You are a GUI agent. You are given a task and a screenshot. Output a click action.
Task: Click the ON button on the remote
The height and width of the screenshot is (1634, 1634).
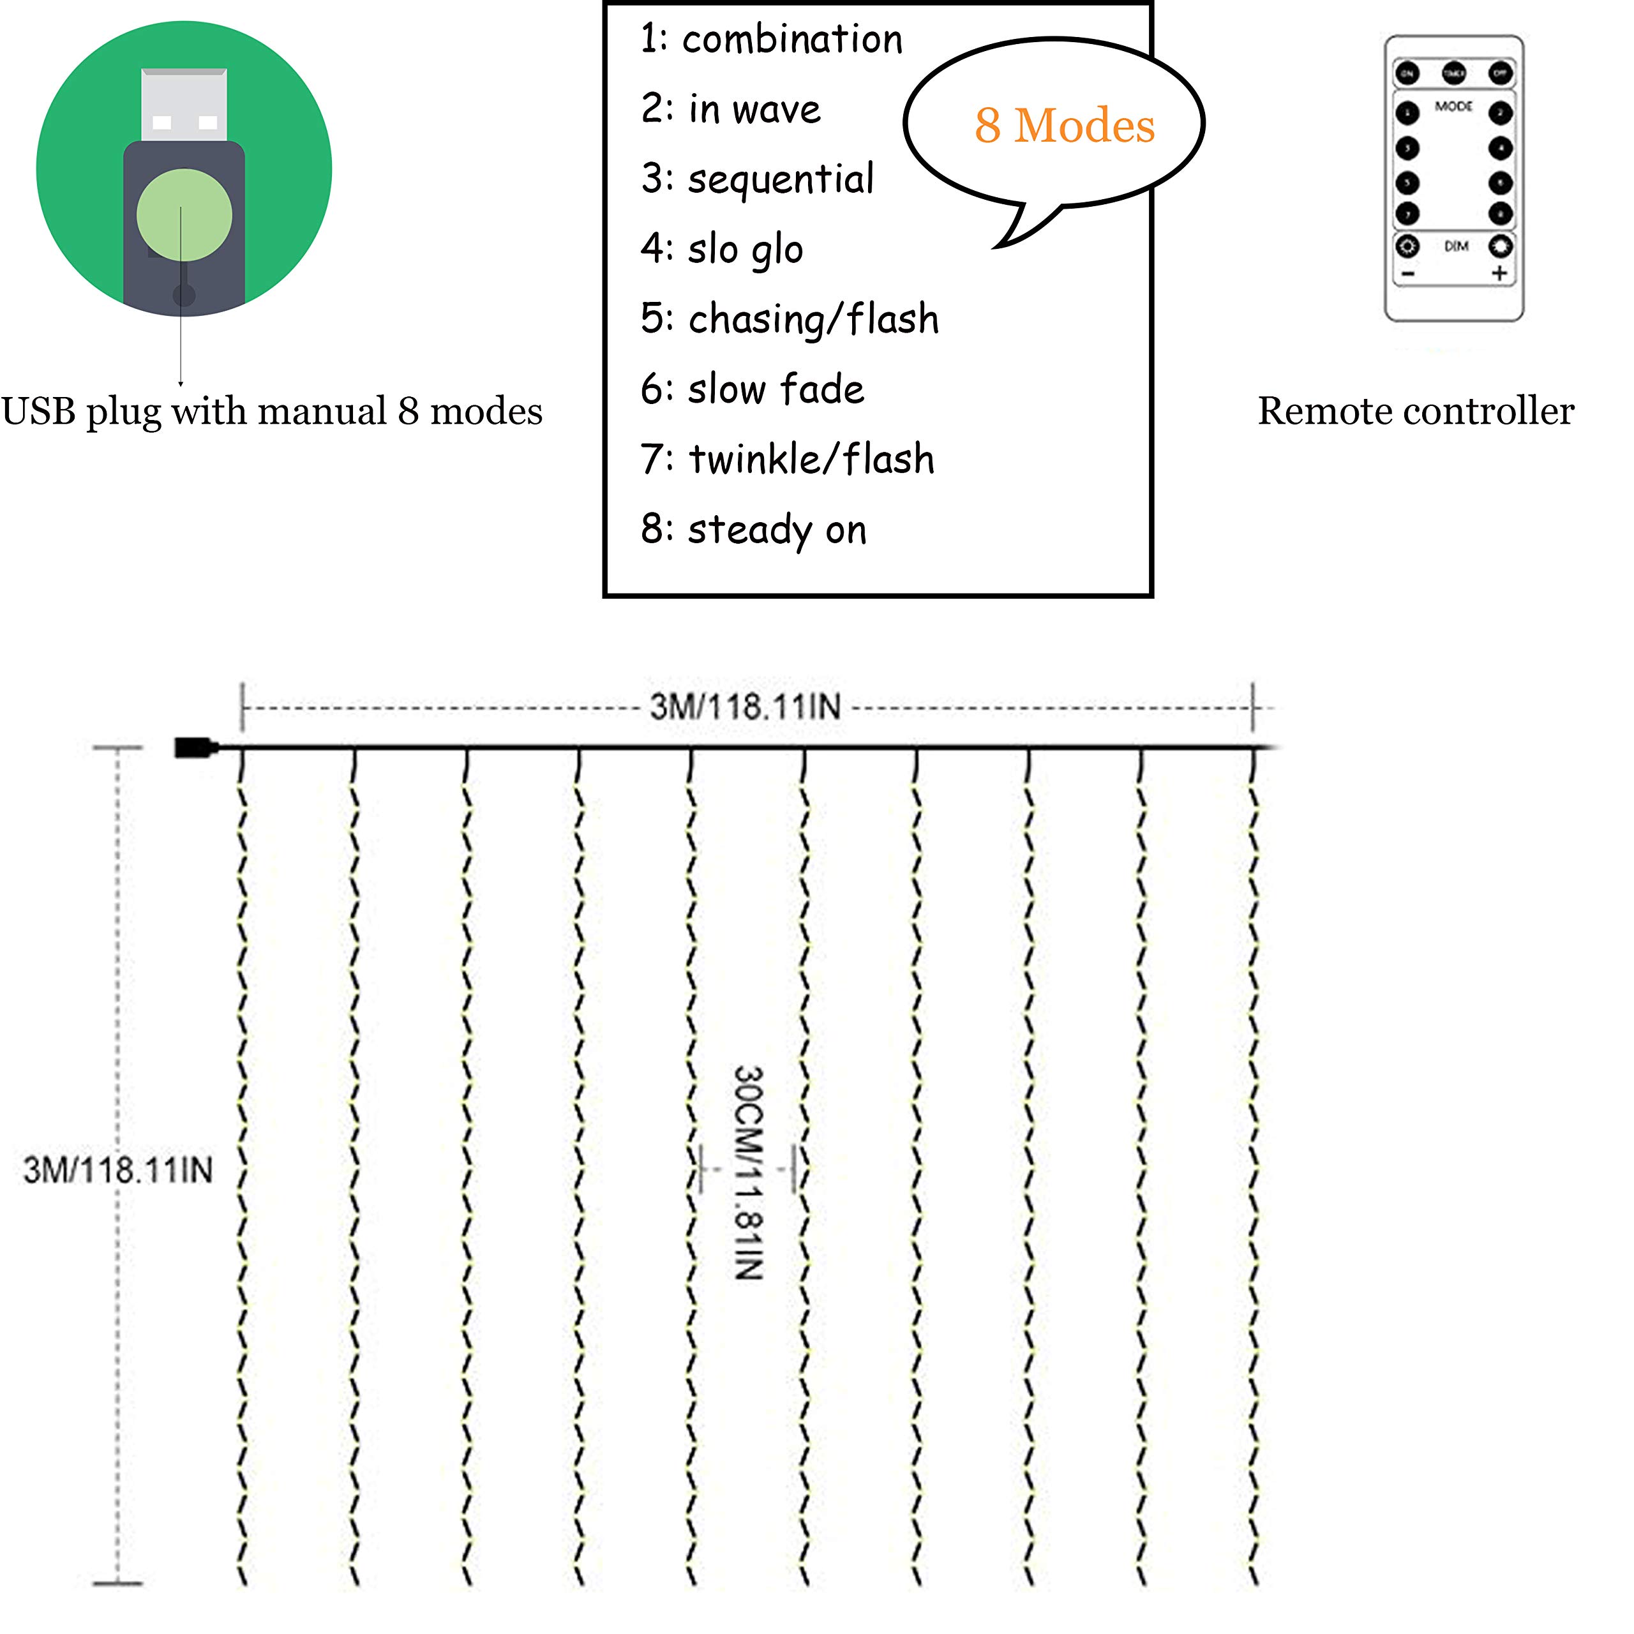(1407, 73)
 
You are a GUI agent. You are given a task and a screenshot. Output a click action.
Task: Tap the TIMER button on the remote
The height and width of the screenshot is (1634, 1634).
(1454, 73)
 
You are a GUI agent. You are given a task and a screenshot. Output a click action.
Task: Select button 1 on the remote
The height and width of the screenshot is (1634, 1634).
(1407, 114)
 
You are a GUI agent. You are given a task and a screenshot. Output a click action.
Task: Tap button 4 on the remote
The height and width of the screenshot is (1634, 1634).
(1501, 149)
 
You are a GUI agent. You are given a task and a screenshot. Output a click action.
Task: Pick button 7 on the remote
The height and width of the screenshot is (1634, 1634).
(1407, 213)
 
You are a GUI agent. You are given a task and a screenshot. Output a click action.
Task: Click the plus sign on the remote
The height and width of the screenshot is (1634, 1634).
(1499, 273)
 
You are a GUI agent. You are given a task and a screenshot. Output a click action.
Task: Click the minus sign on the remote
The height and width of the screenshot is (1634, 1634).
(1408, 274)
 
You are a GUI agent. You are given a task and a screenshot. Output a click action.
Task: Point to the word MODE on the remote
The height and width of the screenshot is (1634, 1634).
(1454, 107)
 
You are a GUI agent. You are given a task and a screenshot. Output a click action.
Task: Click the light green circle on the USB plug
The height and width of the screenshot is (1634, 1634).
(184, 215)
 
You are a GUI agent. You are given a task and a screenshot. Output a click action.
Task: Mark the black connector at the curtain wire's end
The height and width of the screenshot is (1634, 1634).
(195, 747)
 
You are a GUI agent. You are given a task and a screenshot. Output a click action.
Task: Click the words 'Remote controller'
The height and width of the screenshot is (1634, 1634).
(1416, 412)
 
